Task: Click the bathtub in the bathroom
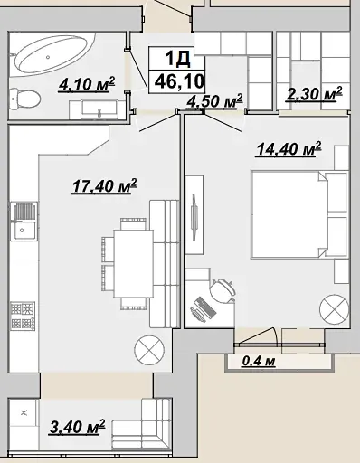tap(52, 54)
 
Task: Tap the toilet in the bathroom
tap(24, 98)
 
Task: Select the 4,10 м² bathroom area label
tap(87, 84)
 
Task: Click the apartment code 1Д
tap(177, 59)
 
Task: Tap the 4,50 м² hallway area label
tap(214, 100)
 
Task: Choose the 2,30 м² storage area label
tap(314, 94)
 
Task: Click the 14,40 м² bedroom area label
tap(289, 149)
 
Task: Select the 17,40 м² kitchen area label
tap(104, 186)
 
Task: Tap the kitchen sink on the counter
tap(24, 222)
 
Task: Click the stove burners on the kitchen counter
tap(24, 316)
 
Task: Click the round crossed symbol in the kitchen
tap(149, 350)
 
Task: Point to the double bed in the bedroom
tap(298, 214)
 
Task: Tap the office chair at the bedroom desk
tap(223, 290)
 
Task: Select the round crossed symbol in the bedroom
tap(334, 309)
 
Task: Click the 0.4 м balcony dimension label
tap(259, 361)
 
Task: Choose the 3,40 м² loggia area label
tap(77, 427)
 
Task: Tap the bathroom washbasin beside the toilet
tap(99, 109)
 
